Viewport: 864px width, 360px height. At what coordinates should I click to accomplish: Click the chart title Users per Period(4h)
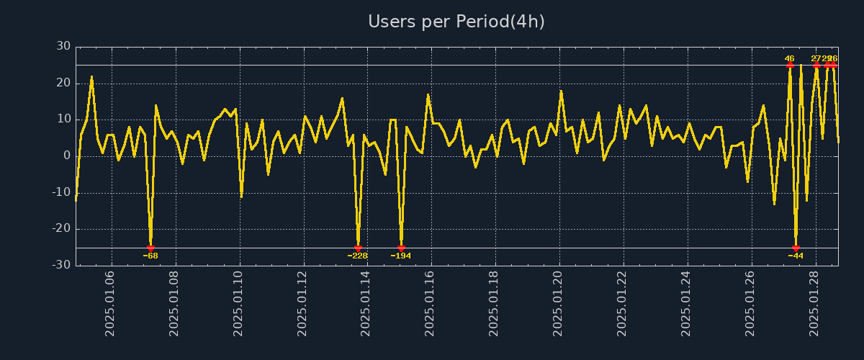pos(456,22)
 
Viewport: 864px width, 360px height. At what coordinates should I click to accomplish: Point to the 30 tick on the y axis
pos(63,47)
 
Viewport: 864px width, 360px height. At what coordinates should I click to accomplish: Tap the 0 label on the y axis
pos(67,156)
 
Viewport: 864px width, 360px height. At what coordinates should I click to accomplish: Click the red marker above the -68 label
pos(150,248)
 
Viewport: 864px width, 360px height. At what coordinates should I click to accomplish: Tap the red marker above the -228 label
pos(358,248)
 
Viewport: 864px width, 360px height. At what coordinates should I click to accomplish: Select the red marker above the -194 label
pos(401,248)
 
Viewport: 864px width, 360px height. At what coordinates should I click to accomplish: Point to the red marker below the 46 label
pos(790,65)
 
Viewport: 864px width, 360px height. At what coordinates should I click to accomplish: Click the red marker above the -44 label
pos(796,248)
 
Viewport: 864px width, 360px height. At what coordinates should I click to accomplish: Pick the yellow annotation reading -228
pos(358,256)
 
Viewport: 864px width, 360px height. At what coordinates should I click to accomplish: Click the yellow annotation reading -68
pos(150,256)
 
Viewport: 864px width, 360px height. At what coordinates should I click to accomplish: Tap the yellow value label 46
pos(790,58)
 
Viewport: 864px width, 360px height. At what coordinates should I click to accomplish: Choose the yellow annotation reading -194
pos(401,256)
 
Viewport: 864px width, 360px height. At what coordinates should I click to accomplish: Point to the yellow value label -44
pos(796,256)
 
